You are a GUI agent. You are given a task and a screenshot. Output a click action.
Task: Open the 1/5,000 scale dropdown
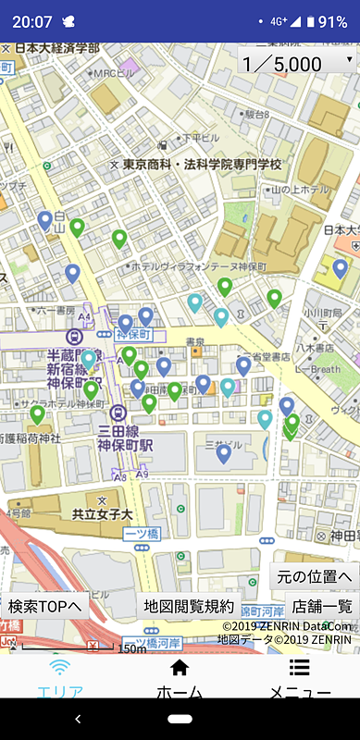click(296, 63)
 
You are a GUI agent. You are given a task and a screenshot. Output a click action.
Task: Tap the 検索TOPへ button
click(45, 607)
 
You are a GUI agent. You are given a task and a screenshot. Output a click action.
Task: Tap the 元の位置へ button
click(315, 576)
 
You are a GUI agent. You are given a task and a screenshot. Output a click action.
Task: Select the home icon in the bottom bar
click(180, 668)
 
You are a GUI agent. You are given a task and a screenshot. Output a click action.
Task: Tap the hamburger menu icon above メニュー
click(299, 668)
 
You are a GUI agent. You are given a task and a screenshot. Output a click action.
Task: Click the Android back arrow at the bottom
click(78, 719)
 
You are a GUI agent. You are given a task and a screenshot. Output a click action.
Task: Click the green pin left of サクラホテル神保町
click(37, 413)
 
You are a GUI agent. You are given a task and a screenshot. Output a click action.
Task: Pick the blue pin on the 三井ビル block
click(223, 452)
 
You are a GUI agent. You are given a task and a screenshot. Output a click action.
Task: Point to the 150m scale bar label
click(131, 648)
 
